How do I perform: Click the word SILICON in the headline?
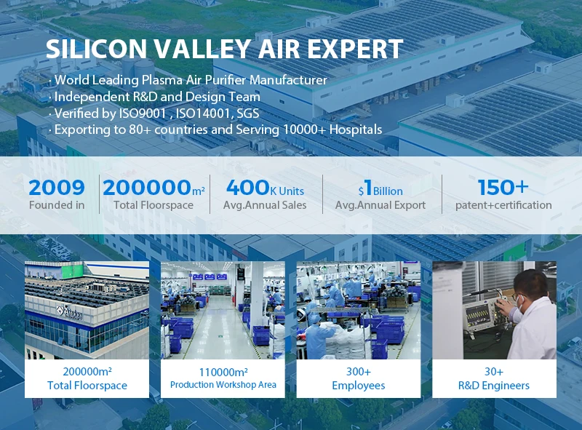[97, 49]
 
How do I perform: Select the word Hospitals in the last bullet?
[356, 130]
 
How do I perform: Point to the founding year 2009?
[57, 188]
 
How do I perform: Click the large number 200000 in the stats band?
[147, 188]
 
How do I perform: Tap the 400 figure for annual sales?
[247, 188]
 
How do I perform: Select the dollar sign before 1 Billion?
[361, 191]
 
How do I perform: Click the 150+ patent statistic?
[503, 187]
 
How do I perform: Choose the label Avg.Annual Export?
[380, 205]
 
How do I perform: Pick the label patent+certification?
[503, 205]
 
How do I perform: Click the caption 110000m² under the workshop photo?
[223, 372]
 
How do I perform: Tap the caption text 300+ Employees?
[359, 378]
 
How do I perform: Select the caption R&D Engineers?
[494, 386]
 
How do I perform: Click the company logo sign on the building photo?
[69, 314]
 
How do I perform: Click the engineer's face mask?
[521, 303]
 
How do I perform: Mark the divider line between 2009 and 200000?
[100, 194]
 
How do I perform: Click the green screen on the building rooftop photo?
[72, 271]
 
